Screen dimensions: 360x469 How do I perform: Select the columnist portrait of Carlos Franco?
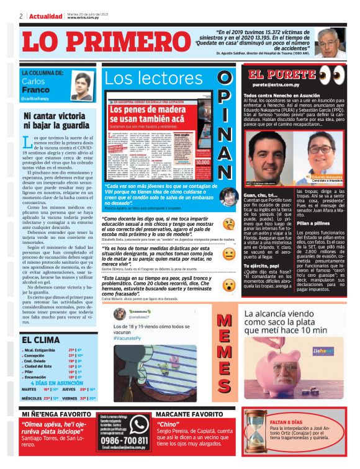coord(81,86)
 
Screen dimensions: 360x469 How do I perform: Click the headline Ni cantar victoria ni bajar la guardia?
coord(56,120)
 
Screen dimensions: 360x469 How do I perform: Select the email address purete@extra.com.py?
coord(276,84)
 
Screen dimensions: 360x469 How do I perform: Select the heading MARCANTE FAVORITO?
coord(189,414)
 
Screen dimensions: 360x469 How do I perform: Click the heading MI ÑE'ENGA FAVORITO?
coord(60,414)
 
